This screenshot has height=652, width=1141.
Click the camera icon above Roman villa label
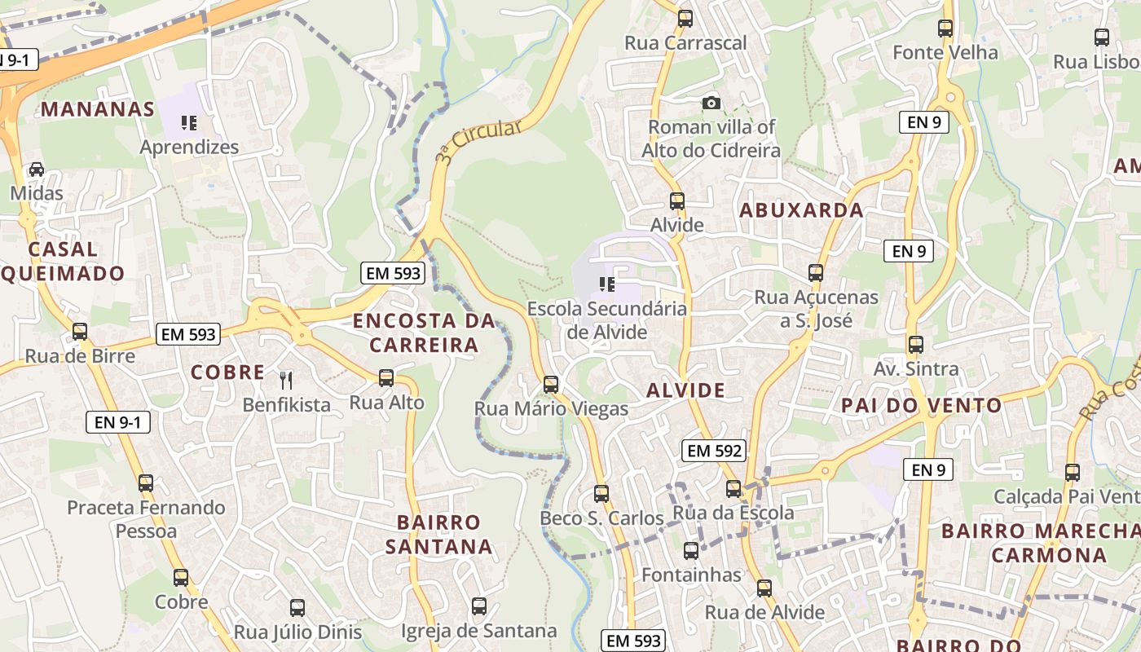click(711, 103)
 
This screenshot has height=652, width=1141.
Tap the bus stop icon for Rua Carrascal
click(685, 18)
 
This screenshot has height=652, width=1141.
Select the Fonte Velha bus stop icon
click(945, 29)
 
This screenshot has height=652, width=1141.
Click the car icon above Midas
click(37, 170)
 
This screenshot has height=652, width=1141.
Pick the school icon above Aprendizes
click(189, 123)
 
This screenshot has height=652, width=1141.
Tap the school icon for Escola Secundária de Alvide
click(606, 284)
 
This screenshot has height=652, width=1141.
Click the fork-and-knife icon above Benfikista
click(286, 380)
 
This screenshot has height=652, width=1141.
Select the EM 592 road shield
click(715, 451)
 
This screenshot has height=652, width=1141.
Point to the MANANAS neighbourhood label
click(98, 109)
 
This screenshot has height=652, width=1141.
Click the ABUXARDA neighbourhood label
click(801, 210)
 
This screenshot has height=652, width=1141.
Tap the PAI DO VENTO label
click(922, 405)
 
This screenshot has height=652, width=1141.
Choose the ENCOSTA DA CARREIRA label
click(424, 333)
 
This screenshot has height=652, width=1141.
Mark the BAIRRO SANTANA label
click(439, 534)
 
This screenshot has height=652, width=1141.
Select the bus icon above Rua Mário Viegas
click(551, 384)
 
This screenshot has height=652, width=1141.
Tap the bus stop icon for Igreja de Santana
click(479, 606)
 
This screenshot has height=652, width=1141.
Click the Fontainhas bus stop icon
click(691, 551)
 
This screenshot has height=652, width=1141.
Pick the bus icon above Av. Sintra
click(916, 345)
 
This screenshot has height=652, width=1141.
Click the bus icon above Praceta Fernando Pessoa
click(146, 482)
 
